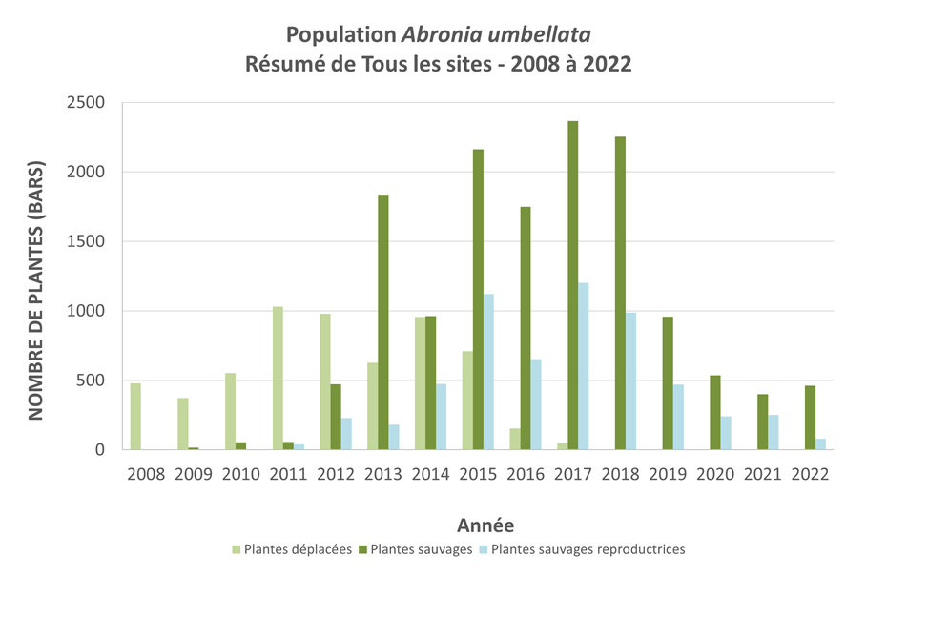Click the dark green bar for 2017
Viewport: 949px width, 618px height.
pos(572,285)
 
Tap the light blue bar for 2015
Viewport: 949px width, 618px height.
pos(488,372)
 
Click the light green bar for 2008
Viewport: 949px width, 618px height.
pos(135,416)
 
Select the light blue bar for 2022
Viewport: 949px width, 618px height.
pos(821,444)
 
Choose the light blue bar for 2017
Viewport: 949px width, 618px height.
pos(583,366)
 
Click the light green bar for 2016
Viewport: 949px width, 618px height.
pos(515,439)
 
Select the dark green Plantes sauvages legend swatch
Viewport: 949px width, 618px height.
pos(363,549)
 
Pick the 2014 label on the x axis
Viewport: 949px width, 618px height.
pos(430,475)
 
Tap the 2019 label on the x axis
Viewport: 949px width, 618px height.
pos(668,475)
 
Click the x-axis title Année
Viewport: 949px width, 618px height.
pos(485,525)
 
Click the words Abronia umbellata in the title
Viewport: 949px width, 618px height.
pos(496,35)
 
